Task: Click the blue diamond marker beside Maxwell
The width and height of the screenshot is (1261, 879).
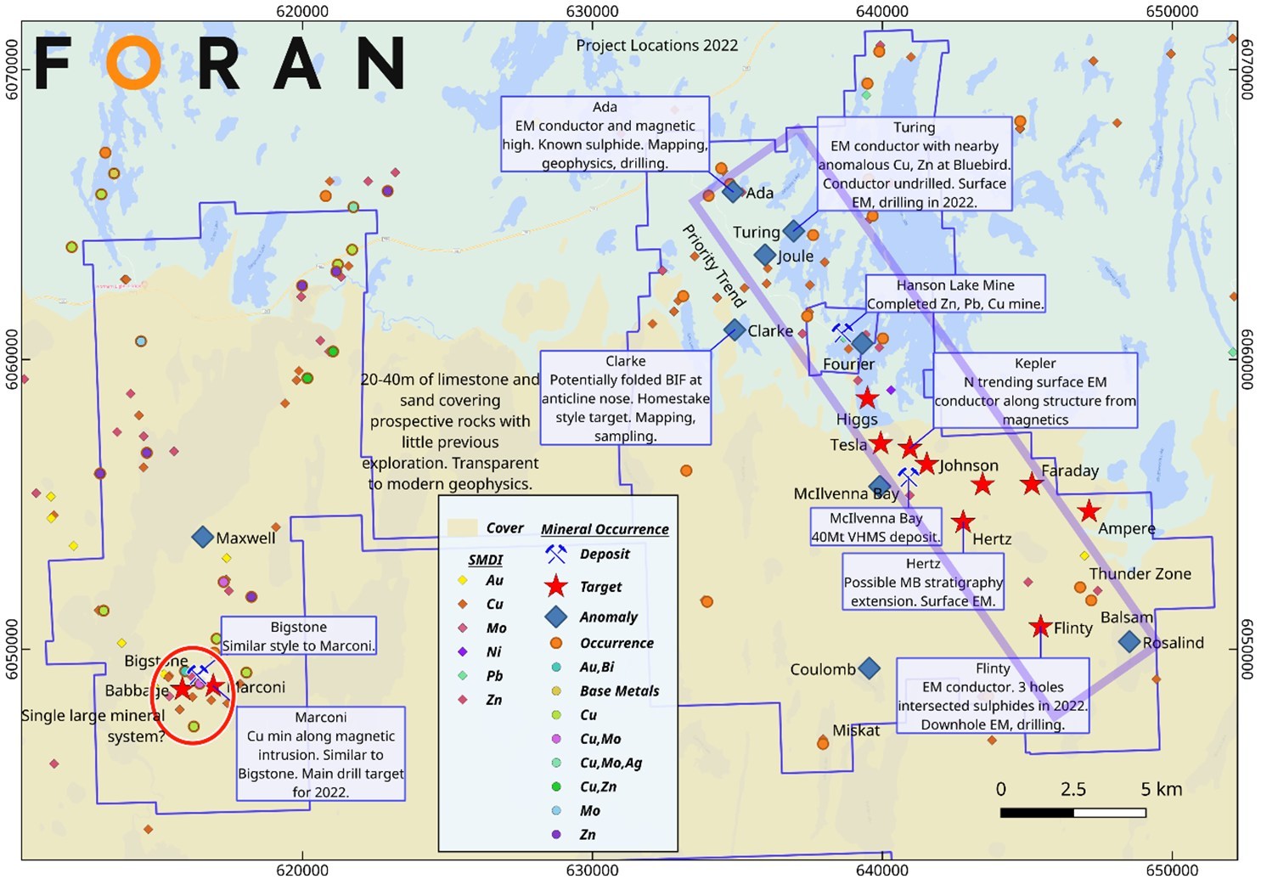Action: click(202, 537)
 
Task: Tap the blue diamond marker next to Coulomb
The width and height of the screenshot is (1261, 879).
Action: click(869, 668)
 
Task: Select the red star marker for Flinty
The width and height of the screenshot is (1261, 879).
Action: click(1040, 628)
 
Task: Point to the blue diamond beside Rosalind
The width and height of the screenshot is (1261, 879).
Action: click(1129, 642)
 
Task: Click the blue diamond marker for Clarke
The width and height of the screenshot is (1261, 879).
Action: click(735, 330)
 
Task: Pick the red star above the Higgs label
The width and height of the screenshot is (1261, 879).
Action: click(866, 398)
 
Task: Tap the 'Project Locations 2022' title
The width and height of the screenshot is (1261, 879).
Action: click(656, 46)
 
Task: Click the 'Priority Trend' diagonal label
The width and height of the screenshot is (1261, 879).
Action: click(714, 265)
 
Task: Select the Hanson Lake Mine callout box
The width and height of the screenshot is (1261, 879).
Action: click(955, 294)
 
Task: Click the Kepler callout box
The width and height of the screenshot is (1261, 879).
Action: click(1035, 391)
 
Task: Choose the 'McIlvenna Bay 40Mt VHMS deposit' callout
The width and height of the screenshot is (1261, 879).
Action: click(875, 527)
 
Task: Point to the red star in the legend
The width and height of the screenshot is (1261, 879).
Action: click(555, 586)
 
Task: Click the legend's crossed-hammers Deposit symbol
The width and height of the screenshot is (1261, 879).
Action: click(555, 555)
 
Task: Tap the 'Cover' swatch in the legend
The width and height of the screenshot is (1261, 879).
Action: click(463, 528)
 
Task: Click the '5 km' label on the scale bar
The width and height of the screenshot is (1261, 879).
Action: click(1161, 789)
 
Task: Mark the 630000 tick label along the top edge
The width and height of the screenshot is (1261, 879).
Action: click(592, 11)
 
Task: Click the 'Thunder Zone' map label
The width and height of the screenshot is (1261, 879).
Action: click(1140, 574)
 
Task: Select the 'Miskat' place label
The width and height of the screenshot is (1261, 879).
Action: click(856, 730)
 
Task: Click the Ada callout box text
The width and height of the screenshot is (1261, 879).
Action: click(605, 134)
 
